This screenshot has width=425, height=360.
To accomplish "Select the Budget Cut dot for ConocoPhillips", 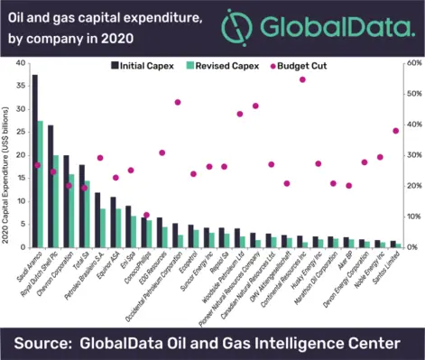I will click(147, 215).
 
